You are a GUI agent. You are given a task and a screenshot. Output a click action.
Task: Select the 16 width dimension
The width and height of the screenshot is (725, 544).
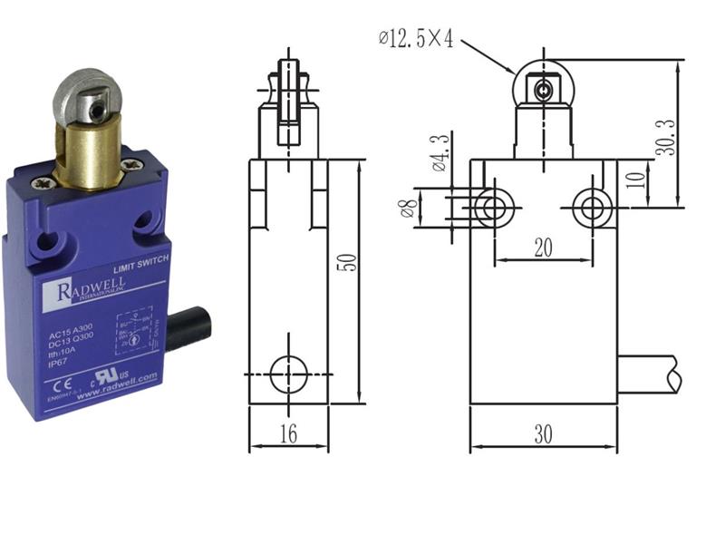coord(288,434)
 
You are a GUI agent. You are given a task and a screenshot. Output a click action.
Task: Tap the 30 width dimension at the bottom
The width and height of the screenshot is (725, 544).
coord(543,434)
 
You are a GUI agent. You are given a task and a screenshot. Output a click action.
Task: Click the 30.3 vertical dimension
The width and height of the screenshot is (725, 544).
coord(666,134)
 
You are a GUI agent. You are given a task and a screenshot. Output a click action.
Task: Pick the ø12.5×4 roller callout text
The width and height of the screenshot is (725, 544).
coord(416,38)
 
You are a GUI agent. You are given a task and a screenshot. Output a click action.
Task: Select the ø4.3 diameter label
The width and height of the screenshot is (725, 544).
coord(438,152)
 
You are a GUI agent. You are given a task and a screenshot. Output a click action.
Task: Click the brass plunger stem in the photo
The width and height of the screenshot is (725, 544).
coord(86,156)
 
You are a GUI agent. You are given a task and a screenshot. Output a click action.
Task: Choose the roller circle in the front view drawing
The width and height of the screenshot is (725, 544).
coord(541,88)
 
